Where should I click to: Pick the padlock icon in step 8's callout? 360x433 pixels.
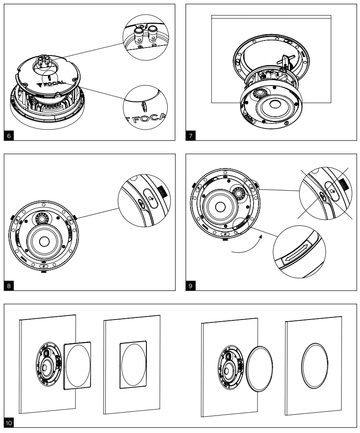pos(149,194)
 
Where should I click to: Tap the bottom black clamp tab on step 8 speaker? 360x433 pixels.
pos(44,271)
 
